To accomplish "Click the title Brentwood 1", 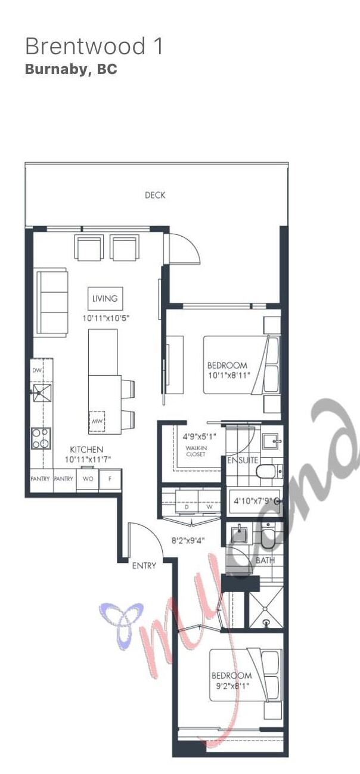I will point(94,47).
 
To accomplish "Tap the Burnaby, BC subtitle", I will point(71,69).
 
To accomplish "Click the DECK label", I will point(155,195).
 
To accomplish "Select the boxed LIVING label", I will point(105,298).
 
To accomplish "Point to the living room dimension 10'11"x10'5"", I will point(106,318).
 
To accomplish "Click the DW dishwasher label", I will point(37,370).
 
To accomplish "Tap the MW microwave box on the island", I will point(97,421).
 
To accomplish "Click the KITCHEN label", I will point(86,449).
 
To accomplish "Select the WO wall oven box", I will point(88,478).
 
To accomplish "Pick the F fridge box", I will point(110,478).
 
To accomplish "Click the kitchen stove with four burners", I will point(41,438).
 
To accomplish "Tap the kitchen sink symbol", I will point(42,392).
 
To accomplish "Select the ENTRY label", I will point(144,565).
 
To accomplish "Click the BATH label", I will point(265,561).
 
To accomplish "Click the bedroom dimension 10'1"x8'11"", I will point(228,375).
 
